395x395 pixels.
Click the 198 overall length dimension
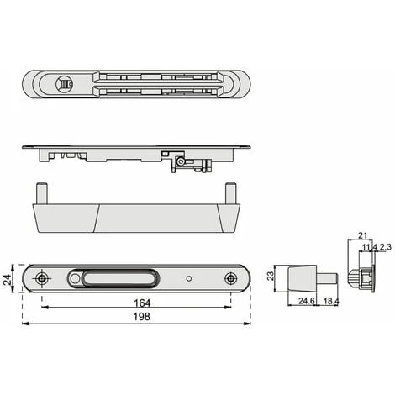tap(141, 317)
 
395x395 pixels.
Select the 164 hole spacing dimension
tap(142, 303)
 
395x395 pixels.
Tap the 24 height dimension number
tap(8, 279)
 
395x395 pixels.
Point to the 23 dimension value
tap(271, 276)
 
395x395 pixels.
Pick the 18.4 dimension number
tap(331, 301)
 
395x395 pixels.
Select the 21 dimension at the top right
tap(362, 235)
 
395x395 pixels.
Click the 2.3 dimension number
tap(385, 247)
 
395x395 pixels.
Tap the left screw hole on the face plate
tap(42, 278)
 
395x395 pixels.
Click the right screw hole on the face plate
tap(230, 278)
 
